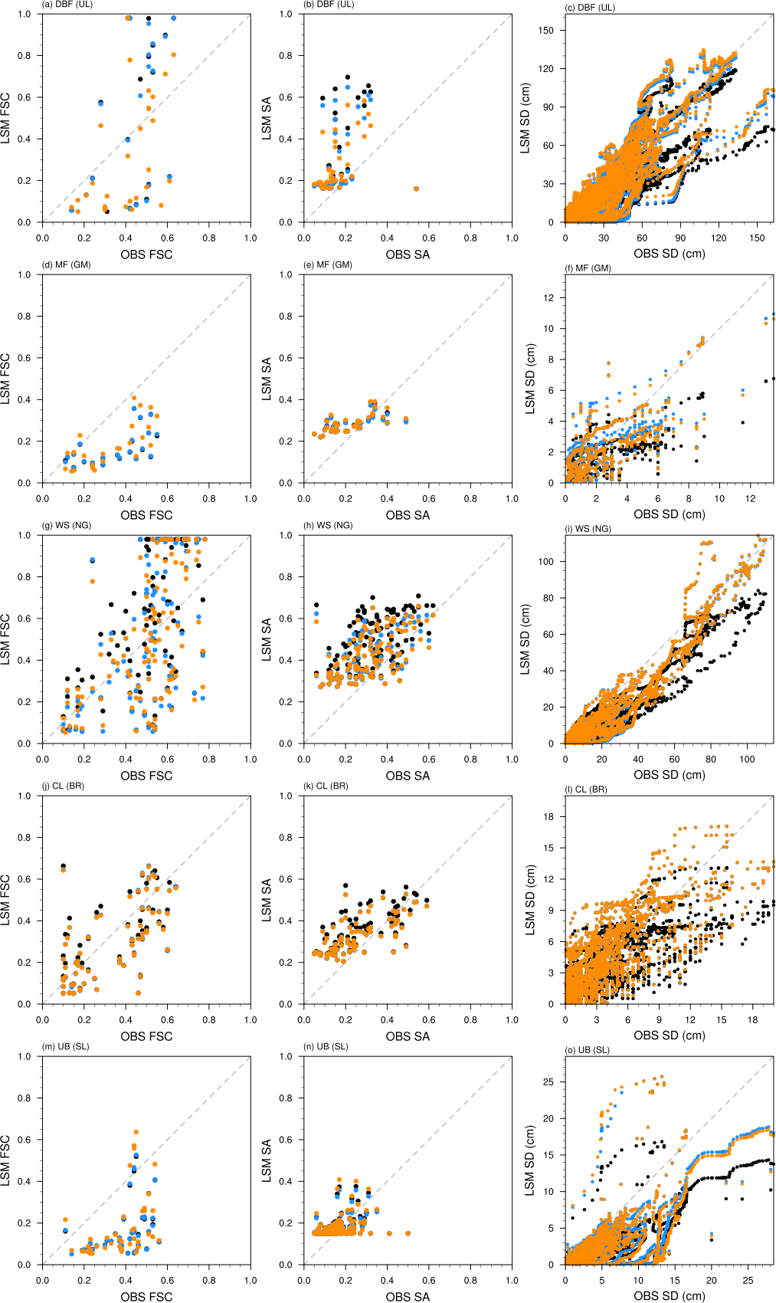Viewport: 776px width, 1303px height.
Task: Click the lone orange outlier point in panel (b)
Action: click(416, 189)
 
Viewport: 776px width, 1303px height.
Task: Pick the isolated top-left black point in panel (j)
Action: click(64, 866)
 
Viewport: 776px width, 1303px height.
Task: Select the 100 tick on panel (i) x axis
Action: click(747, 760)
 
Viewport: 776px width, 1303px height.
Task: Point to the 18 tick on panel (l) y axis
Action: click(548, 817)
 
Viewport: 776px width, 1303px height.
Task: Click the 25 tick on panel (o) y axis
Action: click(548, 1082)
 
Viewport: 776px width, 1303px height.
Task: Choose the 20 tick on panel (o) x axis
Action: click(712, 1281)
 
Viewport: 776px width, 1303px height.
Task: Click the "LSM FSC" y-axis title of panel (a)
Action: click(6, 118)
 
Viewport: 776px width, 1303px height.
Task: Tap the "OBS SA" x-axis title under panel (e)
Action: click(408, 515)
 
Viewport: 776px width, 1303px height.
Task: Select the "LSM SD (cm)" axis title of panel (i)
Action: click(526, 639)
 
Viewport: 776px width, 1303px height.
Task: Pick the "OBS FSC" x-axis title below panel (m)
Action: click(146, 1297)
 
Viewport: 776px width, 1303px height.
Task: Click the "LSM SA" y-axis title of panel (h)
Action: click(267, 639)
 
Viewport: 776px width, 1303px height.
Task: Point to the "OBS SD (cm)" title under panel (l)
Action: click(669, 1036)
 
